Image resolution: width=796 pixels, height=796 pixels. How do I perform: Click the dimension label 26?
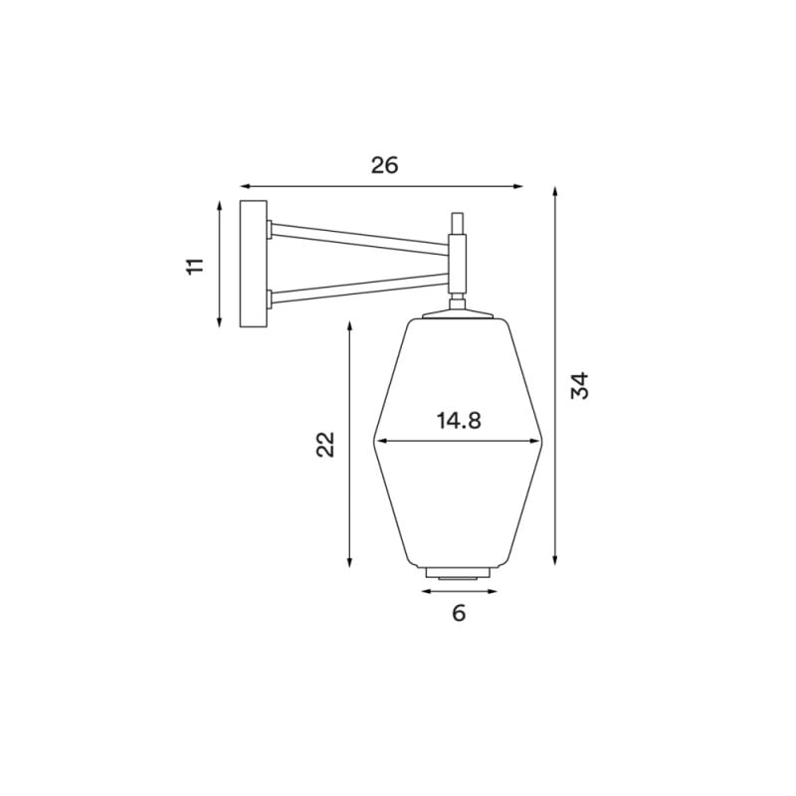pyautogui.click(x=384, y=165)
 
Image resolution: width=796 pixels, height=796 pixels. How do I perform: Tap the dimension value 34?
pyautogui.click(x=580, y=385)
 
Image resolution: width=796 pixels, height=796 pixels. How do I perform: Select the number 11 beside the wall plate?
pyautogui.click(x=195, y=265)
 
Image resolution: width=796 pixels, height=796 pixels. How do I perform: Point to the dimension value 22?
pyautogui.click(x=325, y=444)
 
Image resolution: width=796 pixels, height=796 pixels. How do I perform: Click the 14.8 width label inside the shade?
pyautogui.click(x=458, y=421)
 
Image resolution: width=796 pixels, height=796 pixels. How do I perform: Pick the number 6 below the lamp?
pyautogui.click(x=459, y=613)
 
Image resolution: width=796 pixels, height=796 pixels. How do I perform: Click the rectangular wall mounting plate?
pyautogui.click(x=254, y=264)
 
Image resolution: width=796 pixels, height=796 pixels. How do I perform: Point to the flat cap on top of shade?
pyautogui.click(x=458, y=314)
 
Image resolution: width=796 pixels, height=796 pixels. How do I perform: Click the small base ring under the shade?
pyautogui.click(x=459, y=573)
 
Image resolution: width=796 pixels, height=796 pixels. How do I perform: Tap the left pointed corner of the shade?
pyautogui.click(x=374, y=442)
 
